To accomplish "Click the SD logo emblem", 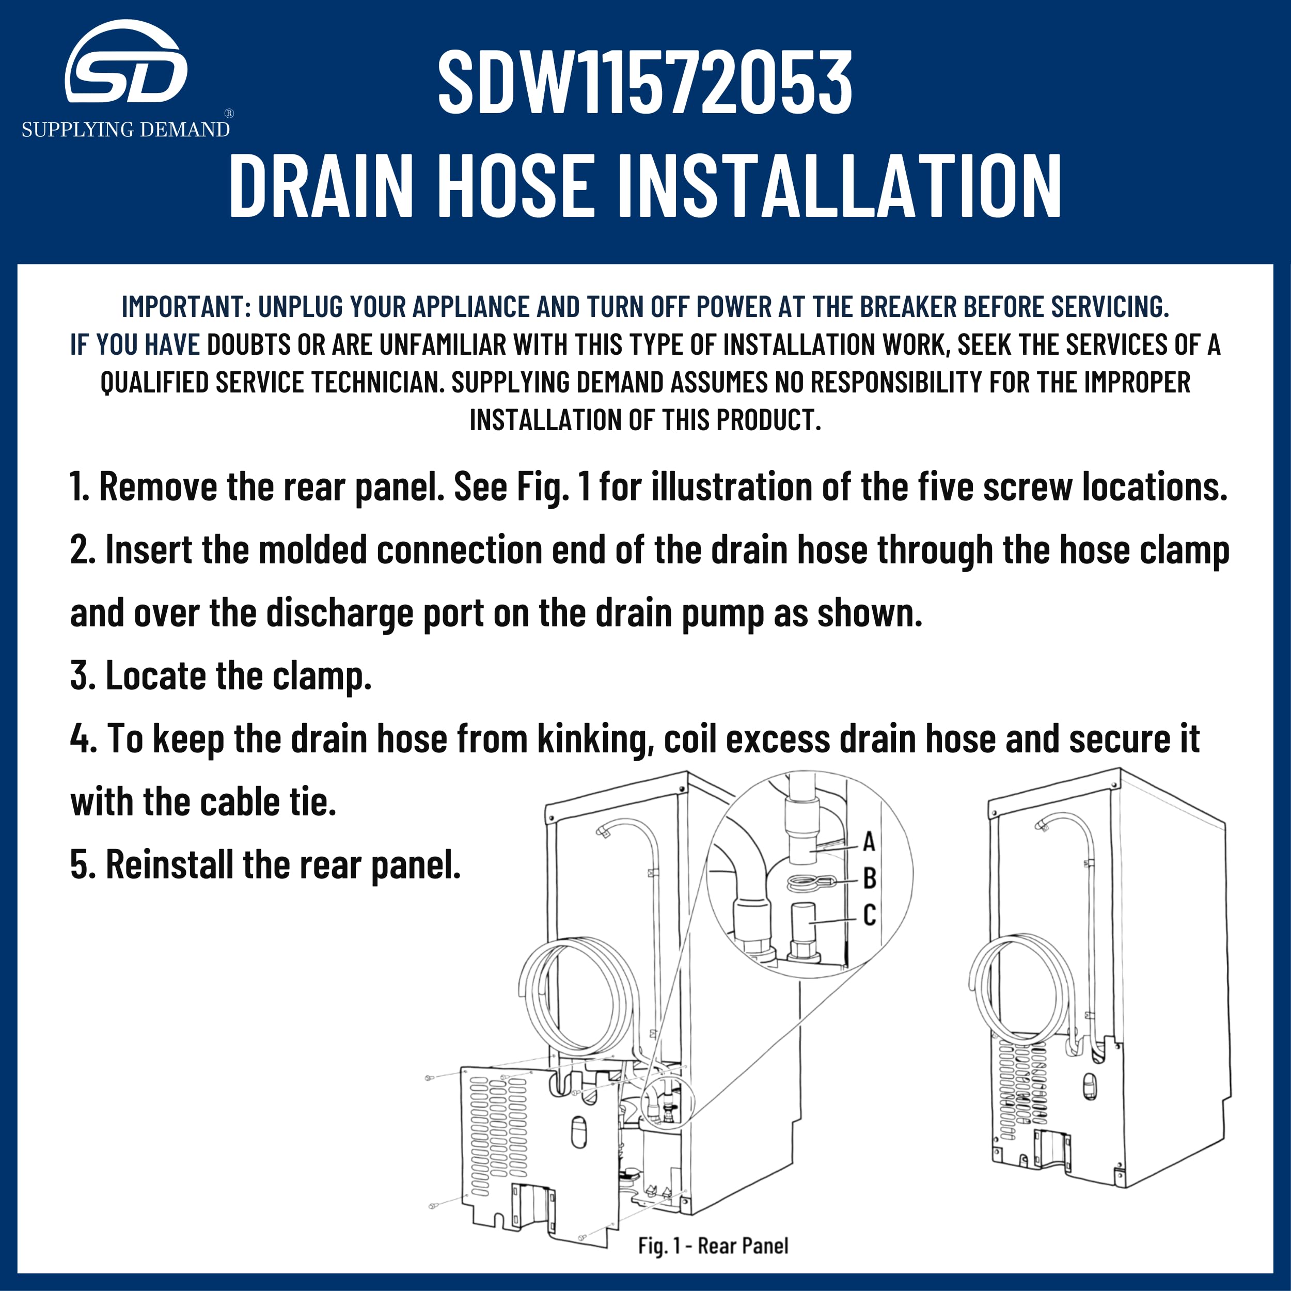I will click(125, 64).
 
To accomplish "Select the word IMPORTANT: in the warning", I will click(186, 307).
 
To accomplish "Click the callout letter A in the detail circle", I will click(869, 842).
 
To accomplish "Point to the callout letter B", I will click(869, 879).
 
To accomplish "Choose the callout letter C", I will click(869, 915).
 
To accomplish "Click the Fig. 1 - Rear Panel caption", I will click(713, 1246).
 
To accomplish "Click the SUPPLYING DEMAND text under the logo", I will click(125, 129).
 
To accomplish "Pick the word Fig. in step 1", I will click(543, 486).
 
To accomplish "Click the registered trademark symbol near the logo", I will click(229, 114).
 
